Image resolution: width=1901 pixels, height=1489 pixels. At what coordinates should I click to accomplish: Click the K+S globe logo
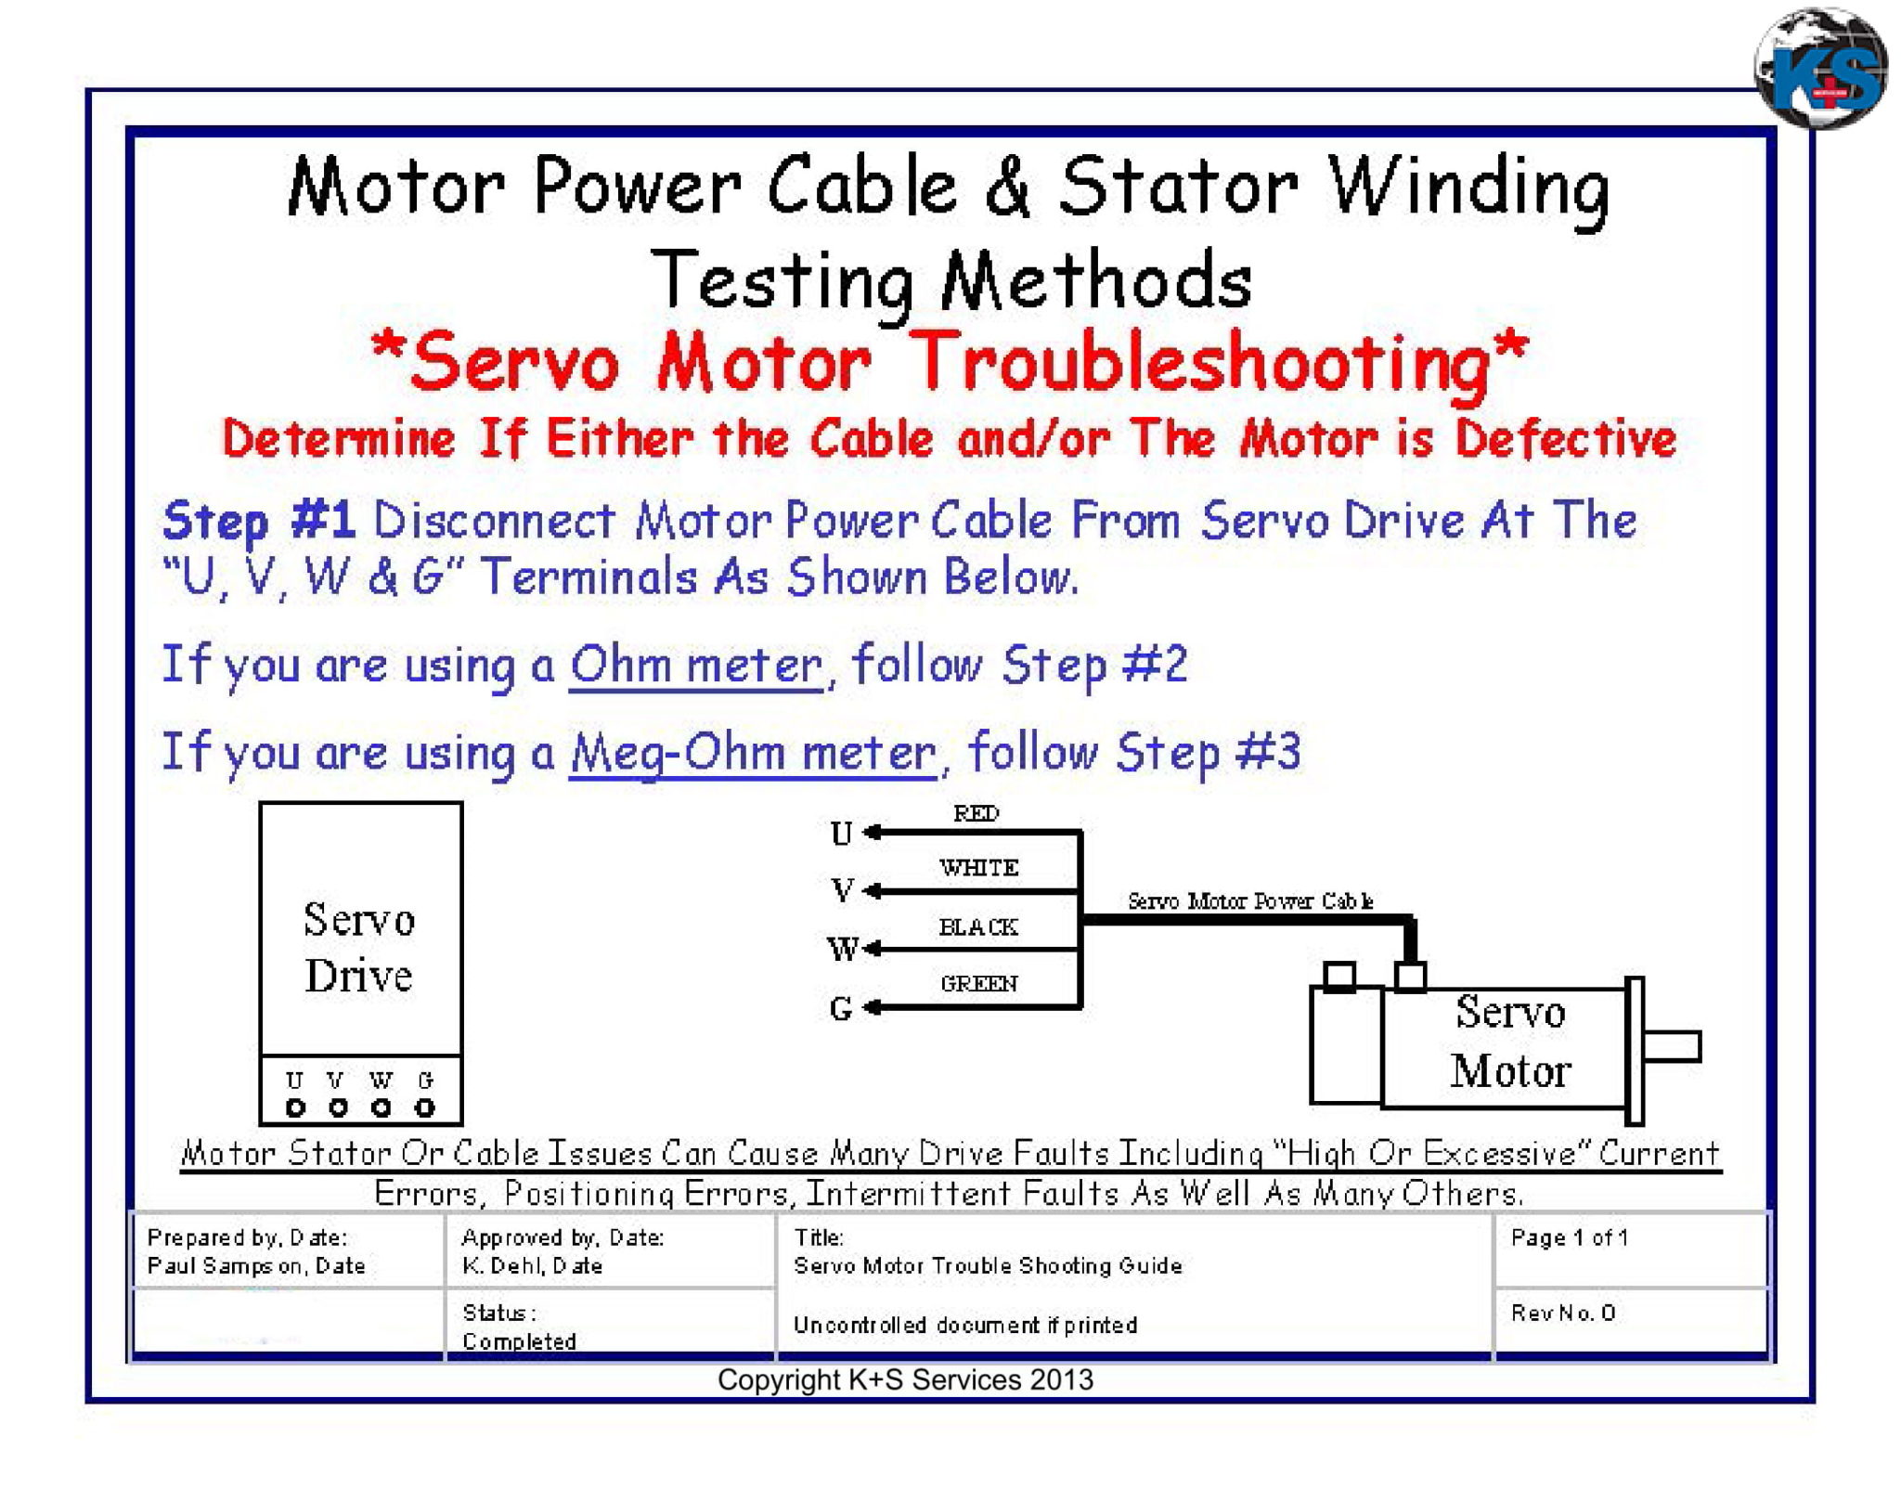(x=1820, y=69)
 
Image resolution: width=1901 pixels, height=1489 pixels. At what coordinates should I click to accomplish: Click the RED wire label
(x=976, y=813)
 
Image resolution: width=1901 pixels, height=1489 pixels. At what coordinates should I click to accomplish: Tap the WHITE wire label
(x=978, y=867)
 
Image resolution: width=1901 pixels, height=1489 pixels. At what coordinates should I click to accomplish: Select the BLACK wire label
(x=977, y=926)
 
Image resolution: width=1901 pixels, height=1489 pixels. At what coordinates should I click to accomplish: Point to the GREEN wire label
(x=978, y=983)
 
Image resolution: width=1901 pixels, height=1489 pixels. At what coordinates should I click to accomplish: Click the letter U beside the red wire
(x=841, y=834)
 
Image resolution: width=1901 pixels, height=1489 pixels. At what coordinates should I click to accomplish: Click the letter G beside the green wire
(x=841, y=1008)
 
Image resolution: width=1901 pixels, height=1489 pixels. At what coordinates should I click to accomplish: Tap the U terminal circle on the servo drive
(x=295, y=1107)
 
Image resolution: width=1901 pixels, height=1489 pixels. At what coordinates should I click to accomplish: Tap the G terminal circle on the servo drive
(x=425, y=1107)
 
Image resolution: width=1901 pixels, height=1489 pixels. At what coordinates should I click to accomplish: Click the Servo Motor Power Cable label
(x=1249, y=900)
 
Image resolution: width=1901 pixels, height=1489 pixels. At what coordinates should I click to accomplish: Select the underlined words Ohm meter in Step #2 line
(x=696, y=666)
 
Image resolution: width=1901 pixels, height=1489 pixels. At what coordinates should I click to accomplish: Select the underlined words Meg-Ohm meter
(x=753, y=753)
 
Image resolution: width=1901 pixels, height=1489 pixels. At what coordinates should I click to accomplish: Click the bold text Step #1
(x=259, y=520)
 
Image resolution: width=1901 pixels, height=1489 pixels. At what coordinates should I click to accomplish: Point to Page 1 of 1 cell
(x=1569, y=1237)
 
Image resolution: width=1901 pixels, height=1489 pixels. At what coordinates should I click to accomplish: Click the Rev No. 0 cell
(x=1563, y=1313)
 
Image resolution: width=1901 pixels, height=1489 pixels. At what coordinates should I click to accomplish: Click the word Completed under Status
(x=519, y=1341)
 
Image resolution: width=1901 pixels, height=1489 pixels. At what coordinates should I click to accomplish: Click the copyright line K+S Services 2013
(x=905, y=1380)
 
